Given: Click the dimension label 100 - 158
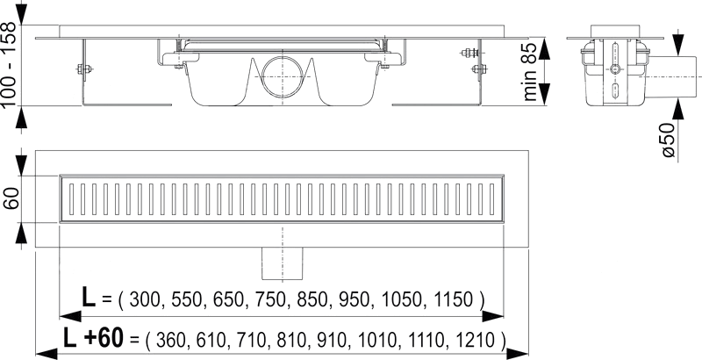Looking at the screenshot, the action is click(x=9, y=64).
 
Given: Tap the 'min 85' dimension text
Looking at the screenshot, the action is click(x=530, y=72).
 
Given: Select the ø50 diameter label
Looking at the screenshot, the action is click(x=668, y=140).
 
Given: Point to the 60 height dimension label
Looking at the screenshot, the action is click(x=11, y=198).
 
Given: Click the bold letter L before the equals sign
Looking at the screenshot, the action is click(x=89, y=297).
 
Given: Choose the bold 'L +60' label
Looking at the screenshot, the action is click(x=93, y=338).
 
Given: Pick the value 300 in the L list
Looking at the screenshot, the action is click(x=145, y=299).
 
